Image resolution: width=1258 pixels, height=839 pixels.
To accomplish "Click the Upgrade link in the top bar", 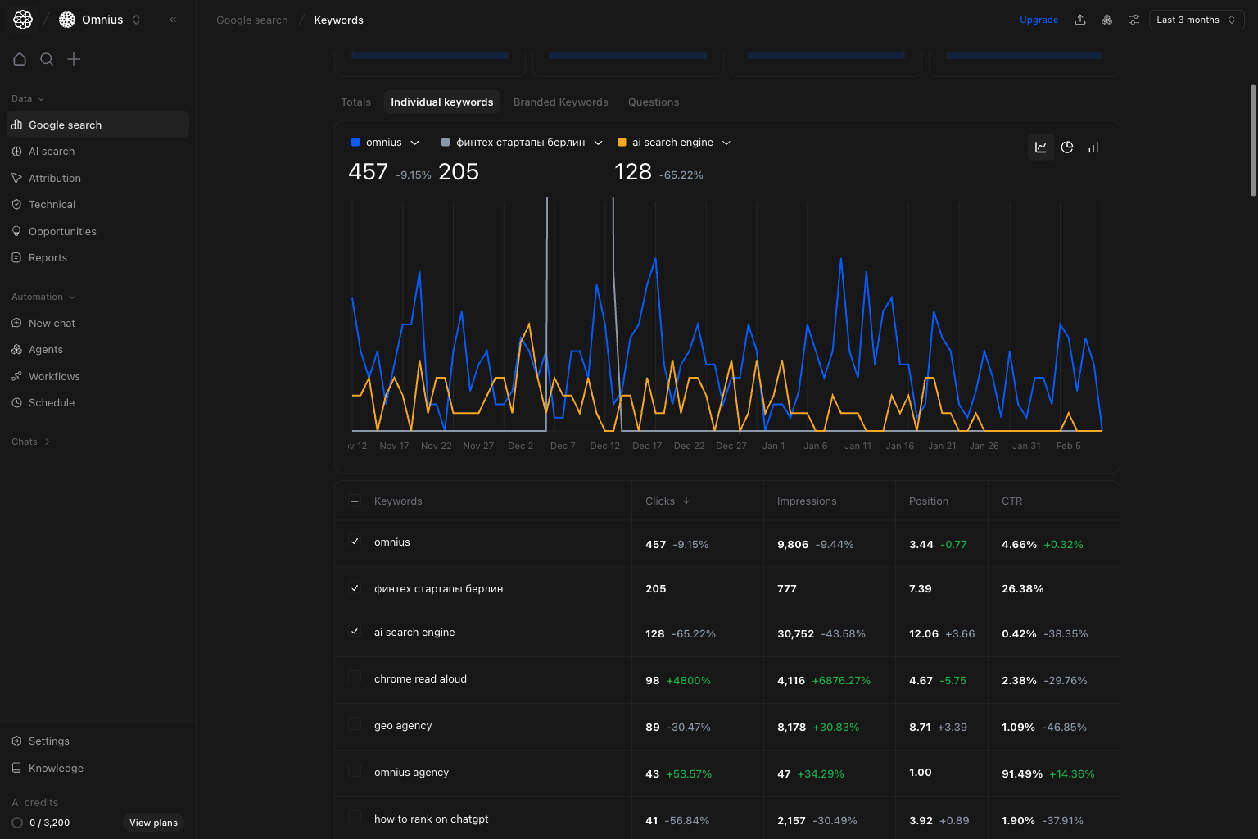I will coord(1039,20).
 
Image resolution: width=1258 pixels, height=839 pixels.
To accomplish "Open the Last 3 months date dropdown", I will coord(1196,20).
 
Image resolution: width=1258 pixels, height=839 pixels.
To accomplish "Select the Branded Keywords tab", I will coord(560,102).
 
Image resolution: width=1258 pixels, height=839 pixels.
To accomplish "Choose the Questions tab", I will coord(653,102).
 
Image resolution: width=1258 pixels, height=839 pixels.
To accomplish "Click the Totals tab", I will coord(355,102).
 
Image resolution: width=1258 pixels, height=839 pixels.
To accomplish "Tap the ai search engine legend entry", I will coord(672,143).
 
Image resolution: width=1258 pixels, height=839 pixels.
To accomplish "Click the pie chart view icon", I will coord(1066,147).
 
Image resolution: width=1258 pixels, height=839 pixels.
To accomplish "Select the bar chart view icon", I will coord(1093,147).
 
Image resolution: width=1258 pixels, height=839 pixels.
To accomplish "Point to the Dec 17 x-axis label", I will coord(646,446).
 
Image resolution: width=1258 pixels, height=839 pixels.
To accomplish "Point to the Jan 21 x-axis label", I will coord(942,446).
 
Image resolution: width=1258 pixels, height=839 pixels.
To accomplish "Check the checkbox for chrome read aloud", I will coord(355,678).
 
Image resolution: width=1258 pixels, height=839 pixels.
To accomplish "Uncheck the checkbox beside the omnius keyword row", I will coord(355,542).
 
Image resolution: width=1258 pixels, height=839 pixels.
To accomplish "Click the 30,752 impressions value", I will coord(795,634).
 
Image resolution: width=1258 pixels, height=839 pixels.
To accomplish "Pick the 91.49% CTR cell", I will coord(1021,774).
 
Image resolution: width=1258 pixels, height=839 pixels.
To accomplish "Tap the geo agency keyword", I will coord(402,726).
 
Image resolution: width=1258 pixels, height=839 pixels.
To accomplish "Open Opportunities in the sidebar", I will coord(62,232).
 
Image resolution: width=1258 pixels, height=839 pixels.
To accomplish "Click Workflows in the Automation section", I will coord(54,377).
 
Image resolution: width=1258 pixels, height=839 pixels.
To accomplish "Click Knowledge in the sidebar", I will coord(56,769).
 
